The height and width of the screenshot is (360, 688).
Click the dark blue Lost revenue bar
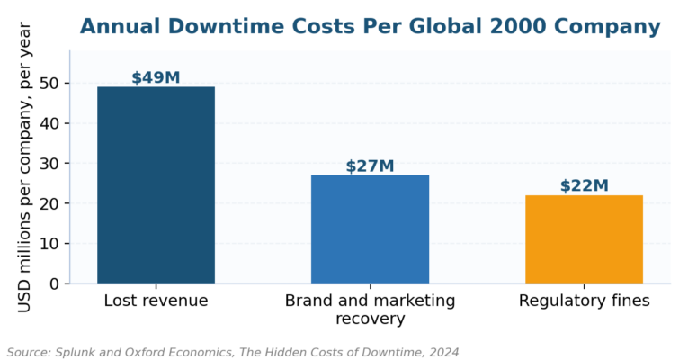pyautogui.click(x=156, y=184)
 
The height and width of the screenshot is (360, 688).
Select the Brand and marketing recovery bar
pyautogui.click(x=370, y=229)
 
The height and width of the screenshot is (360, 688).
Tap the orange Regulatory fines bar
pyautogui.click(x=584, y=239)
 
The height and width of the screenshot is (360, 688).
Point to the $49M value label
pyautogui.click(x=156, y=77)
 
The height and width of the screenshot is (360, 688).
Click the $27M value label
pyautogui.click(x=370, y=166)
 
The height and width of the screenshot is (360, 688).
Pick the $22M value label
pyautogui.click(x=584, y=185)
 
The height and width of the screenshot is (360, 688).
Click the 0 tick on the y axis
pyautogui.click(x=54, y=283)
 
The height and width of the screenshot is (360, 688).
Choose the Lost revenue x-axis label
pyautogui.click(x=156, y=301)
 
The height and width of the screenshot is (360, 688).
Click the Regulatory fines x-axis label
pyautogui.click(x=584, y=301)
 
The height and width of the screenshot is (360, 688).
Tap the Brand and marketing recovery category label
pyautogui.click(x=370, y=310)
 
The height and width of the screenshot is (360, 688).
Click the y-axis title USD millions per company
pyautogui.click(x=24, y=167)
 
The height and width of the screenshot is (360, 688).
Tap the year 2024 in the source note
pyautogui.click(x=444, y=352)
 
